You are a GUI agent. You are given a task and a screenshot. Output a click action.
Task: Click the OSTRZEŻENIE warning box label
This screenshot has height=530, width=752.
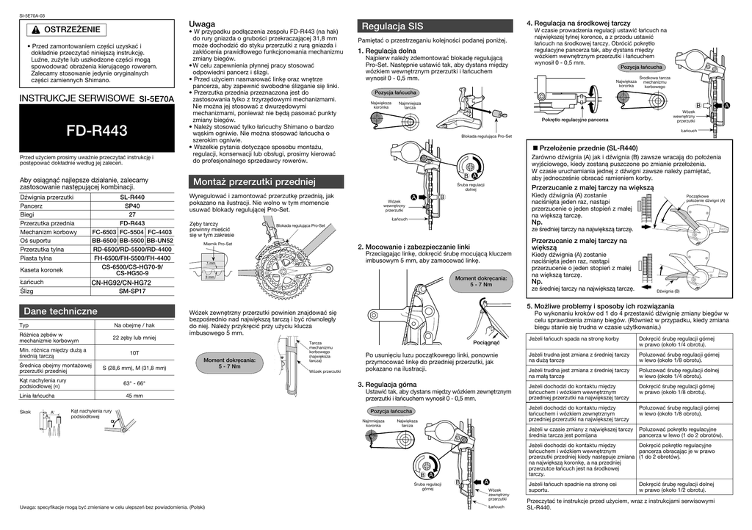[x=68, y=30]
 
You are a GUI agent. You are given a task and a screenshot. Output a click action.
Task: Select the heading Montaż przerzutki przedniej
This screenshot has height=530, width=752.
[x=253, y=181]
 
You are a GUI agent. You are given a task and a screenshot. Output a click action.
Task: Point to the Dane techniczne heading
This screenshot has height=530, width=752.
[x=60, y=311]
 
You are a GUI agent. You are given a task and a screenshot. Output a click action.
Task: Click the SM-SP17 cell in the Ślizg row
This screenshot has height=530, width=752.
[x=132, y=291]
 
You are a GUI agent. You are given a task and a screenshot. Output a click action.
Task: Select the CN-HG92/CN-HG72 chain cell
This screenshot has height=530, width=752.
[x=132, y=282]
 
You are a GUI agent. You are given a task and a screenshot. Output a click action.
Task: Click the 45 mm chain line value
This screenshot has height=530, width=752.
[x=134, y=396]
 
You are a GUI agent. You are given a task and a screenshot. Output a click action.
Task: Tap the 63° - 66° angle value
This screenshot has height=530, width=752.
[x=134, y=382]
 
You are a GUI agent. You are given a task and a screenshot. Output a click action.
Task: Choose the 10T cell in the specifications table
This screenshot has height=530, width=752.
[x=134, y=353]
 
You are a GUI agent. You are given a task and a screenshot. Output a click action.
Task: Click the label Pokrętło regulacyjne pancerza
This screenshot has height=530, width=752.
[x=575, y=119]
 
